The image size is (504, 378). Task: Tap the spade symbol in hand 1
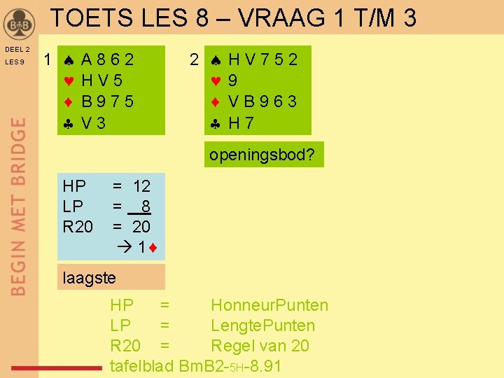click(68, 60)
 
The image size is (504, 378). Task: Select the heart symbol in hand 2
click(216, 80)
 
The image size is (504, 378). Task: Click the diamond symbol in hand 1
click(68, 102)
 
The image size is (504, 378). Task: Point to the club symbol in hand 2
click(216, 123)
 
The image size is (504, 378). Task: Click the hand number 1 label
click(46, 60)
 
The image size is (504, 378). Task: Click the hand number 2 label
click(195, 60)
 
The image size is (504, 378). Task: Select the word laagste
click(89, 278)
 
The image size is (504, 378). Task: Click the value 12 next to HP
click(141, 186)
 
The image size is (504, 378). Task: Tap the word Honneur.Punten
click(269, 305)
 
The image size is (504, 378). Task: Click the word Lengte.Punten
click(262, 325)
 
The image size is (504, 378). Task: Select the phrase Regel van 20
click(260, 346)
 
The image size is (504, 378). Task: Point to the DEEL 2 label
click(17, 50)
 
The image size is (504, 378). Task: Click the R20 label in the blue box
click(78, 227)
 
